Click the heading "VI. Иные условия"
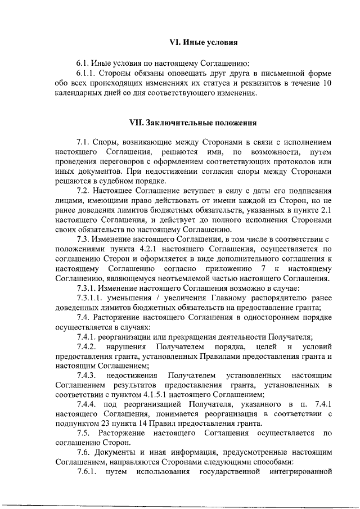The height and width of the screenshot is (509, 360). pyautogui.click(x=204, y=42)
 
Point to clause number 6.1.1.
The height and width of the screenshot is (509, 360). pyautogui.click(x=89, y=73)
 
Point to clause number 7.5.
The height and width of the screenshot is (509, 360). pyautogui.click(x=84, y=435)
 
